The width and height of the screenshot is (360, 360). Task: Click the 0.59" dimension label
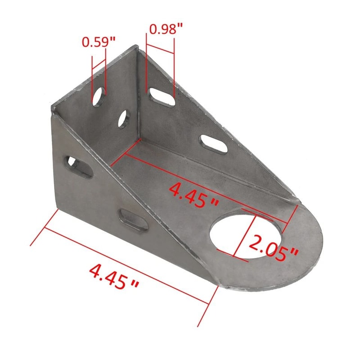[99, 42]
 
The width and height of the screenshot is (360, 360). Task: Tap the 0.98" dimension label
[166, 29]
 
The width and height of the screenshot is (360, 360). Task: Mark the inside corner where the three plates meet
[139, 139]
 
